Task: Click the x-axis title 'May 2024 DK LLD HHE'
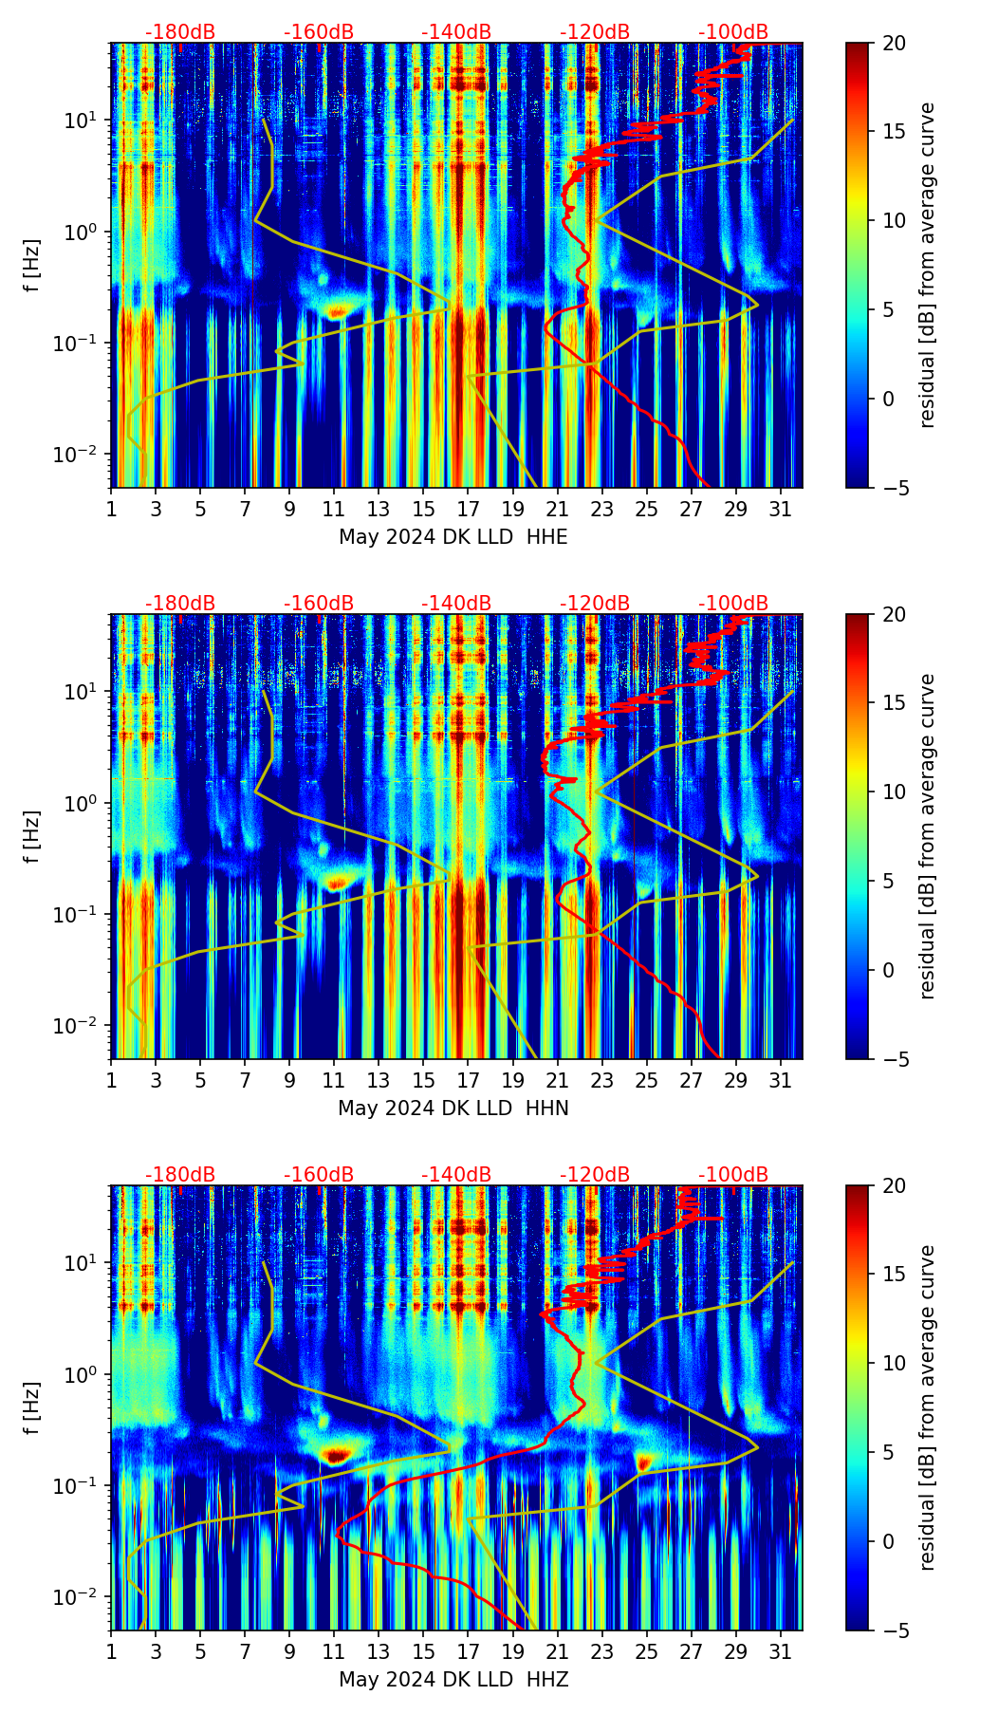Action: [453, 537]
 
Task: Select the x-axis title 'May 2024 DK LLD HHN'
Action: [453, 1109]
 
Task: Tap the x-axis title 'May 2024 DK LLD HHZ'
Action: [453, 1680]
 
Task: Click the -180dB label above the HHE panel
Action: [180, 32]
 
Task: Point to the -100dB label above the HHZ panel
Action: [733, 1175]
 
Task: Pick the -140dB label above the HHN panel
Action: [456, 604]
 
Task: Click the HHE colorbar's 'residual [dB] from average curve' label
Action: [928, 265]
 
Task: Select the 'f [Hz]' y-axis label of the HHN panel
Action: [32, 836]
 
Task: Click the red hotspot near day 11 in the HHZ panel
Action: [336, 1454]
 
